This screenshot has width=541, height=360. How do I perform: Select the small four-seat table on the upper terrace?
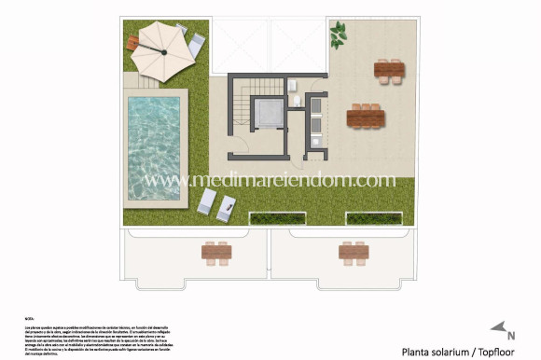390,68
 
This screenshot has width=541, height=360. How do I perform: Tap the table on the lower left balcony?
216,250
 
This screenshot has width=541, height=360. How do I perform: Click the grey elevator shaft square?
270,115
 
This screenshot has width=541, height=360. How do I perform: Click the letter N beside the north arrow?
511,335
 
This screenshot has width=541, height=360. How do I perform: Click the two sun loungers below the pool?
215,203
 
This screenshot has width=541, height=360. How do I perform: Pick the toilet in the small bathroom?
296,102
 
